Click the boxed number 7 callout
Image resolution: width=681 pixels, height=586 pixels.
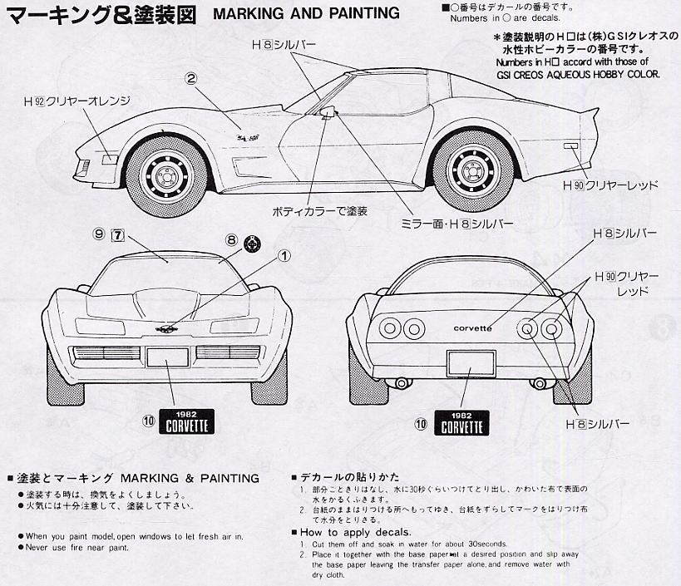click(118, 235)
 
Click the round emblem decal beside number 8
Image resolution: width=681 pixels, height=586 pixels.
click(251, 243)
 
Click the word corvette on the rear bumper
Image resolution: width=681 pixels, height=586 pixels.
click(472, 327)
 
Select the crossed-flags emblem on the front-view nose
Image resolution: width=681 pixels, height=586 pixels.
click(172, 330)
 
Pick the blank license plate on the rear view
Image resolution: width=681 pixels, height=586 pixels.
click(471, 363)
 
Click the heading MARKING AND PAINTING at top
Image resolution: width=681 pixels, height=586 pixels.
click(306, 14)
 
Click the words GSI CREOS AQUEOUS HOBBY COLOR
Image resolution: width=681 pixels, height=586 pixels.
click(577, 74)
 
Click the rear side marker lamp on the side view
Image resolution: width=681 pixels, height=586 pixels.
click(571, 147)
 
